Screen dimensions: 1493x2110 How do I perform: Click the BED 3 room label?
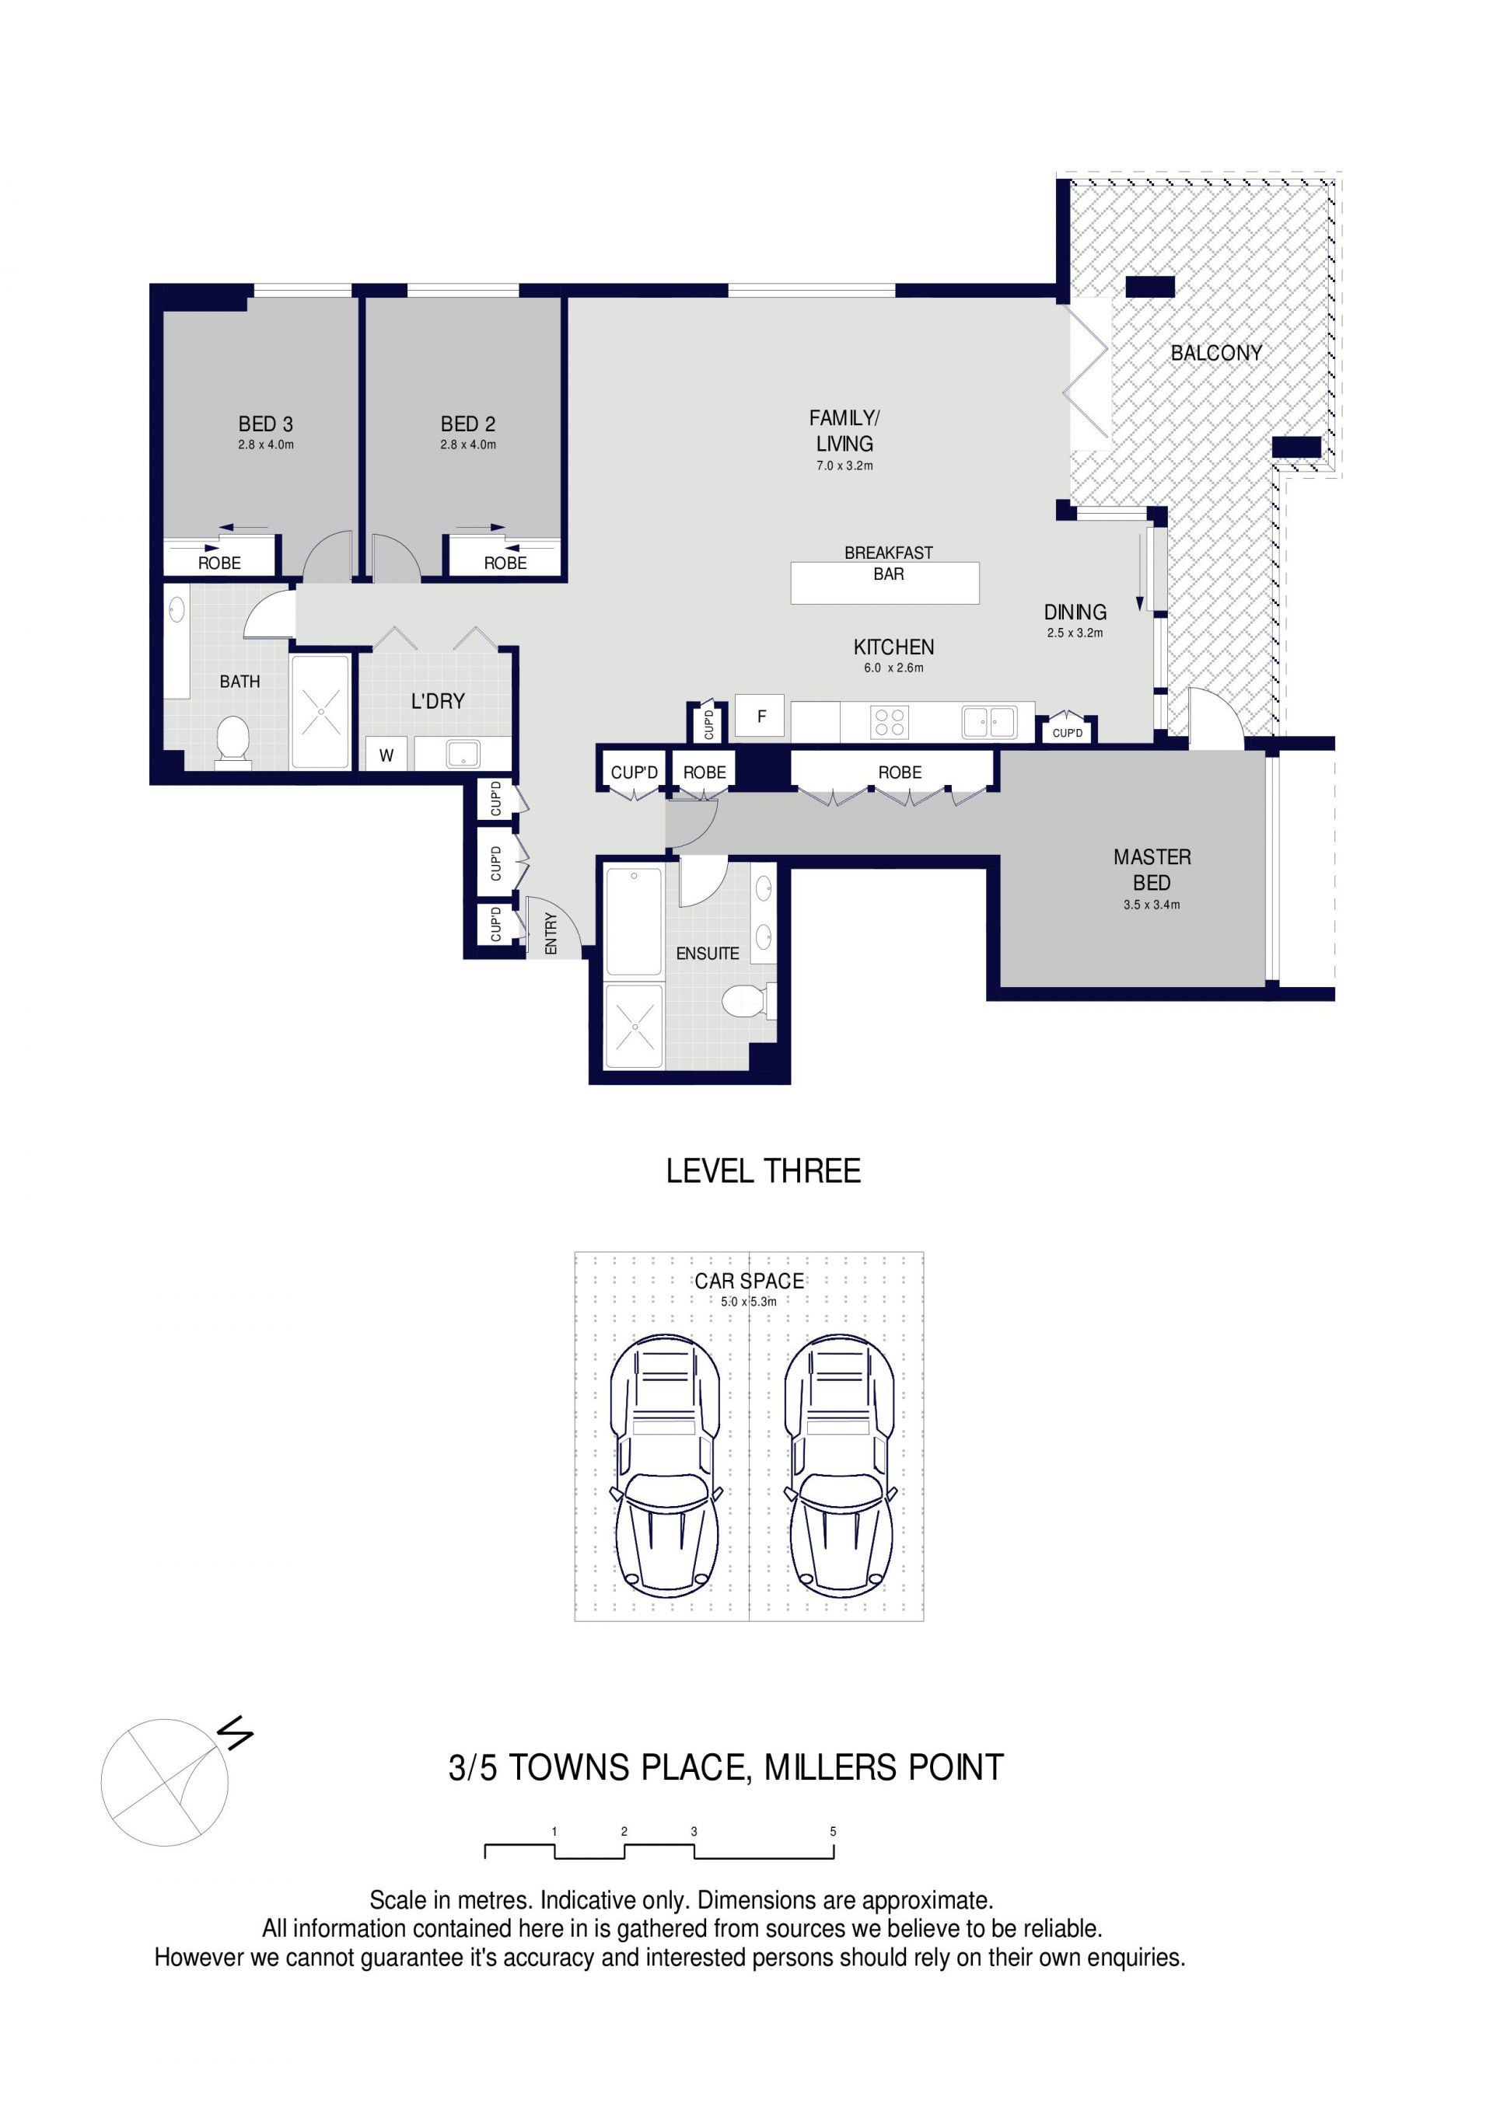coord(266,424)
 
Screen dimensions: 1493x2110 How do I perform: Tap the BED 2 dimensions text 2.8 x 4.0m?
coord(468,445)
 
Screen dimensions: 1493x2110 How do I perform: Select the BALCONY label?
coord(1215,353)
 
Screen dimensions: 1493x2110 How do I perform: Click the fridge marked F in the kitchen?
coord(760,716)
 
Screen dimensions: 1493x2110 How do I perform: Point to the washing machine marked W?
coord(386,755)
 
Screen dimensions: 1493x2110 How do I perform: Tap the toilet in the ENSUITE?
coord(746,1001)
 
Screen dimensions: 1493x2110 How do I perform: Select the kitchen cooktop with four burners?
coord(889,722)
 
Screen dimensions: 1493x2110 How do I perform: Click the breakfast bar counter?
coord(884,583)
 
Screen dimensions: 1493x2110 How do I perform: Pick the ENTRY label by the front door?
coord(551,933)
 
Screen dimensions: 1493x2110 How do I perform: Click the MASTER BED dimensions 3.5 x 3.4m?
coord(1151,905)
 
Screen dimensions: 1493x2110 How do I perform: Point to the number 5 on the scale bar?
coord(833,1832)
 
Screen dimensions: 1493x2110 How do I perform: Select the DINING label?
coord(1075,612)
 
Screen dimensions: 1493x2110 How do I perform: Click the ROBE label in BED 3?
coord(219,563)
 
